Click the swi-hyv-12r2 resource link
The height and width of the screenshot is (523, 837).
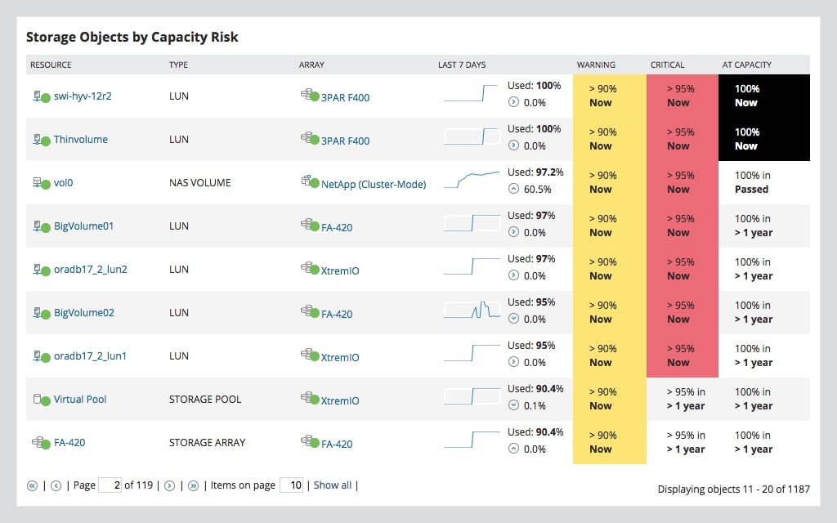(x=82, y=96)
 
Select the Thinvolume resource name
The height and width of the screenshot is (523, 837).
(x=80, y=140)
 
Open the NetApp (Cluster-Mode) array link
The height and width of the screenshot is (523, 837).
(x=373, y=184)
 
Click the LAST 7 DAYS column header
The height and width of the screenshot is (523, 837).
(x=461, y=65)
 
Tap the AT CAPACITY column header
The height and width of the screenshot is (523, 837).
(x=746, y=65)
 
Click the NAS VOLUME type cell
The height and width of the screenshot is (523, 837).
(x=199, y=183)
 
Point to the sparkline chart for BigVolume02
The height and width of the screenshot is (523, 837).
(x=472, y=311)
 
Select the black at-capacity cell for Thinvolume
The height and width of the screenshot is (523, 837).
(x=763, y=139)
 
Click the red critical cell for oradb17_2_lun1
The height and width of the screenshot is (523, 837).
(x=682, y=355)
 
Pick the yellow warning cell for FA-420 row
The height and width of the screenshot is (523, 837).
(x=609, y=442)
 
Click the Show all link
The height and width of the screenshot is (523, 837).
(x=332, y=485)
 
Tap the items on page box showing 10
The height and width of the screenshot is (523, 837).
(x=292, y=485)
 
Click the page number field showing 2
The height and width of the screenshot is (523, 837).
(x=110, y=485)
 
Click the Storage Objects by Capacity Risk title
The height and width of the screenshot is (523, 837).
(x=132, y=38)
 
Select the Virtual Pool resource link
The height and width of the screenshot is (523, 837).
(x=80, y=400)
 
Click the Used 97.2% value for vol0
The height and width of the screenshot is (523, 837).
(x=535, y=172)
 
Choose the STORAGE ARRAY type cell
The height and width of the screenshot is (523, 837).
(x=207, y=443)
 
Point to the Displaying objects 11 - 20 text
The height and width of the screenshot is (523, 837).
(x=733, y=489)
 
